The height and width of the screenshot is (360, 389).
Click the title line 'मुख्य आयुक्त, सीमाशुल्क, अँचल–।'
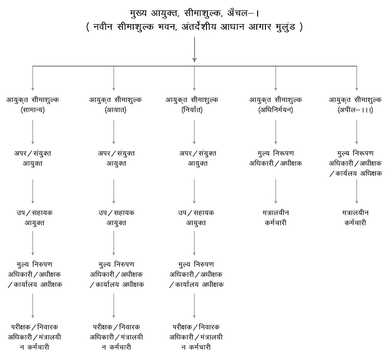194,13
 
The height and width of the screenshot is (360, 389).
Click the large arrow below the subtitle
194,50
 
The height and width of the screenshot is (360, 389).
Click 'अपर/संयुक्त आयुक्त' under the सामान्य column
32,158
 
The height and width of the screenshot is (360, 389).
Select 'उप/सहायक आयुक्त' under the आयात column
114,218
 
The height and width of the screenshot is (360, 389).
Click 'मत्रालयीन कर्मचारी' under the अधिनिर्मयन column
276,218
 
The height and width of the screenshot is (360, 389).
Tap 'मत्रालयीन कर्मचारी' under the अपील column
357,218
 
